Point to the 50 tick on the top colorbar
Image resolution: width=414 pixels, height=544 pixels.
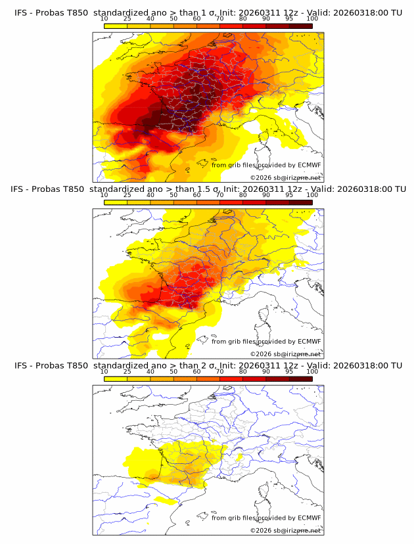click(x=173, y=19)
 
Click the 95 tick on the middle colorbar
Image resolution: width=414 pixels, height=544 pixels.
click(x=289, y=195)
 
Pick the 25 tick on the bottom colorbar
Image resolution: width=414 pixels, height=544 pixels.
click(x=127, y=371)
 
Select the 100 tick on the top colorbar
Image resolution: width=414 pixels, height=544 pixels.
click(x=312, y=19)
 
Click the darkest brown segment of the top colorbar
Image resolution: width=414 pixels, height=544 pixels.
click(x=300, y=26)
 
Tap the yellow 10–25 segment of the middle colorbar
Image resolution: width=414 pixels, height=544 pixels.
click(x=116, y=202)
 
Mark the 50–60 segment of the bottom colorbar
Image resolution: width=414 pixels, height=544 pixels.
click(x=185, y=378)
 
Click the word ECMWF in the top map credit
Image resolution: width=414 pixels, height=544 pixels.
click(x=309, y=165)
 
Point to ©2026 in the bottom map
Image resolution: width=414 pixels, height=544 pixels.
click(x=261, y=530)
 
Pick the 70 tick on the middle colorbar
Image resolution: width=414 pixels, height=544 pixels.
click(x=219, y=195)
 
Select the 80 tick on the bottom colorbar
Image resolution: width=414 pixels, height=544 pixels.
click(x=243, y=371)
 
